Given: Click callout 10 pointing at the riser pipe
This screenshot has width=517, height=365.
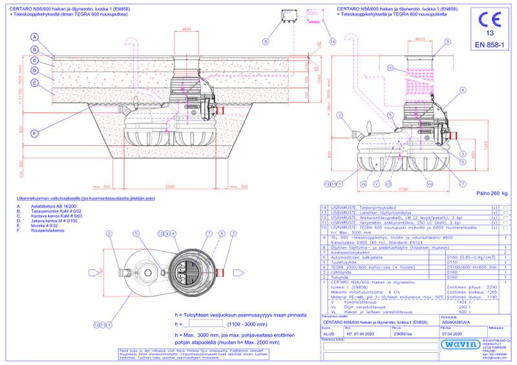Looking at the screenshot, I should coord(390,67).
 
